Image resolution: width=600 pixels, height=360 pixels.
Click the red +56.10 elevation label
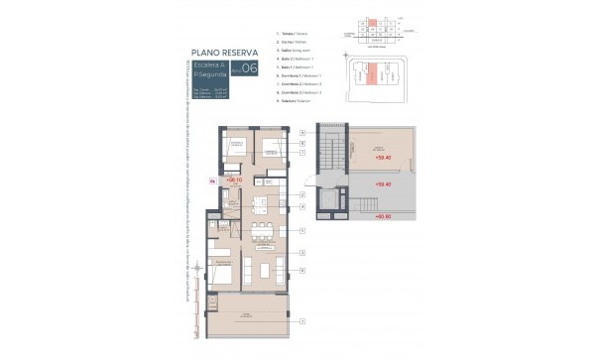(234, 180)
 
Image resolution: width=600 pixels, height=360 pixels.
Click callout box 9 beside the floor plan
(301, 132)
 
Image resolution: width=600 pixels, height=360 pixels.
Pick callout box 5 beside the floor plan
(301, 229)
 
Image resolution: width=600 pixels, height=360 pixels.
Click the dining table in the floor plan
(262, 232)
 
